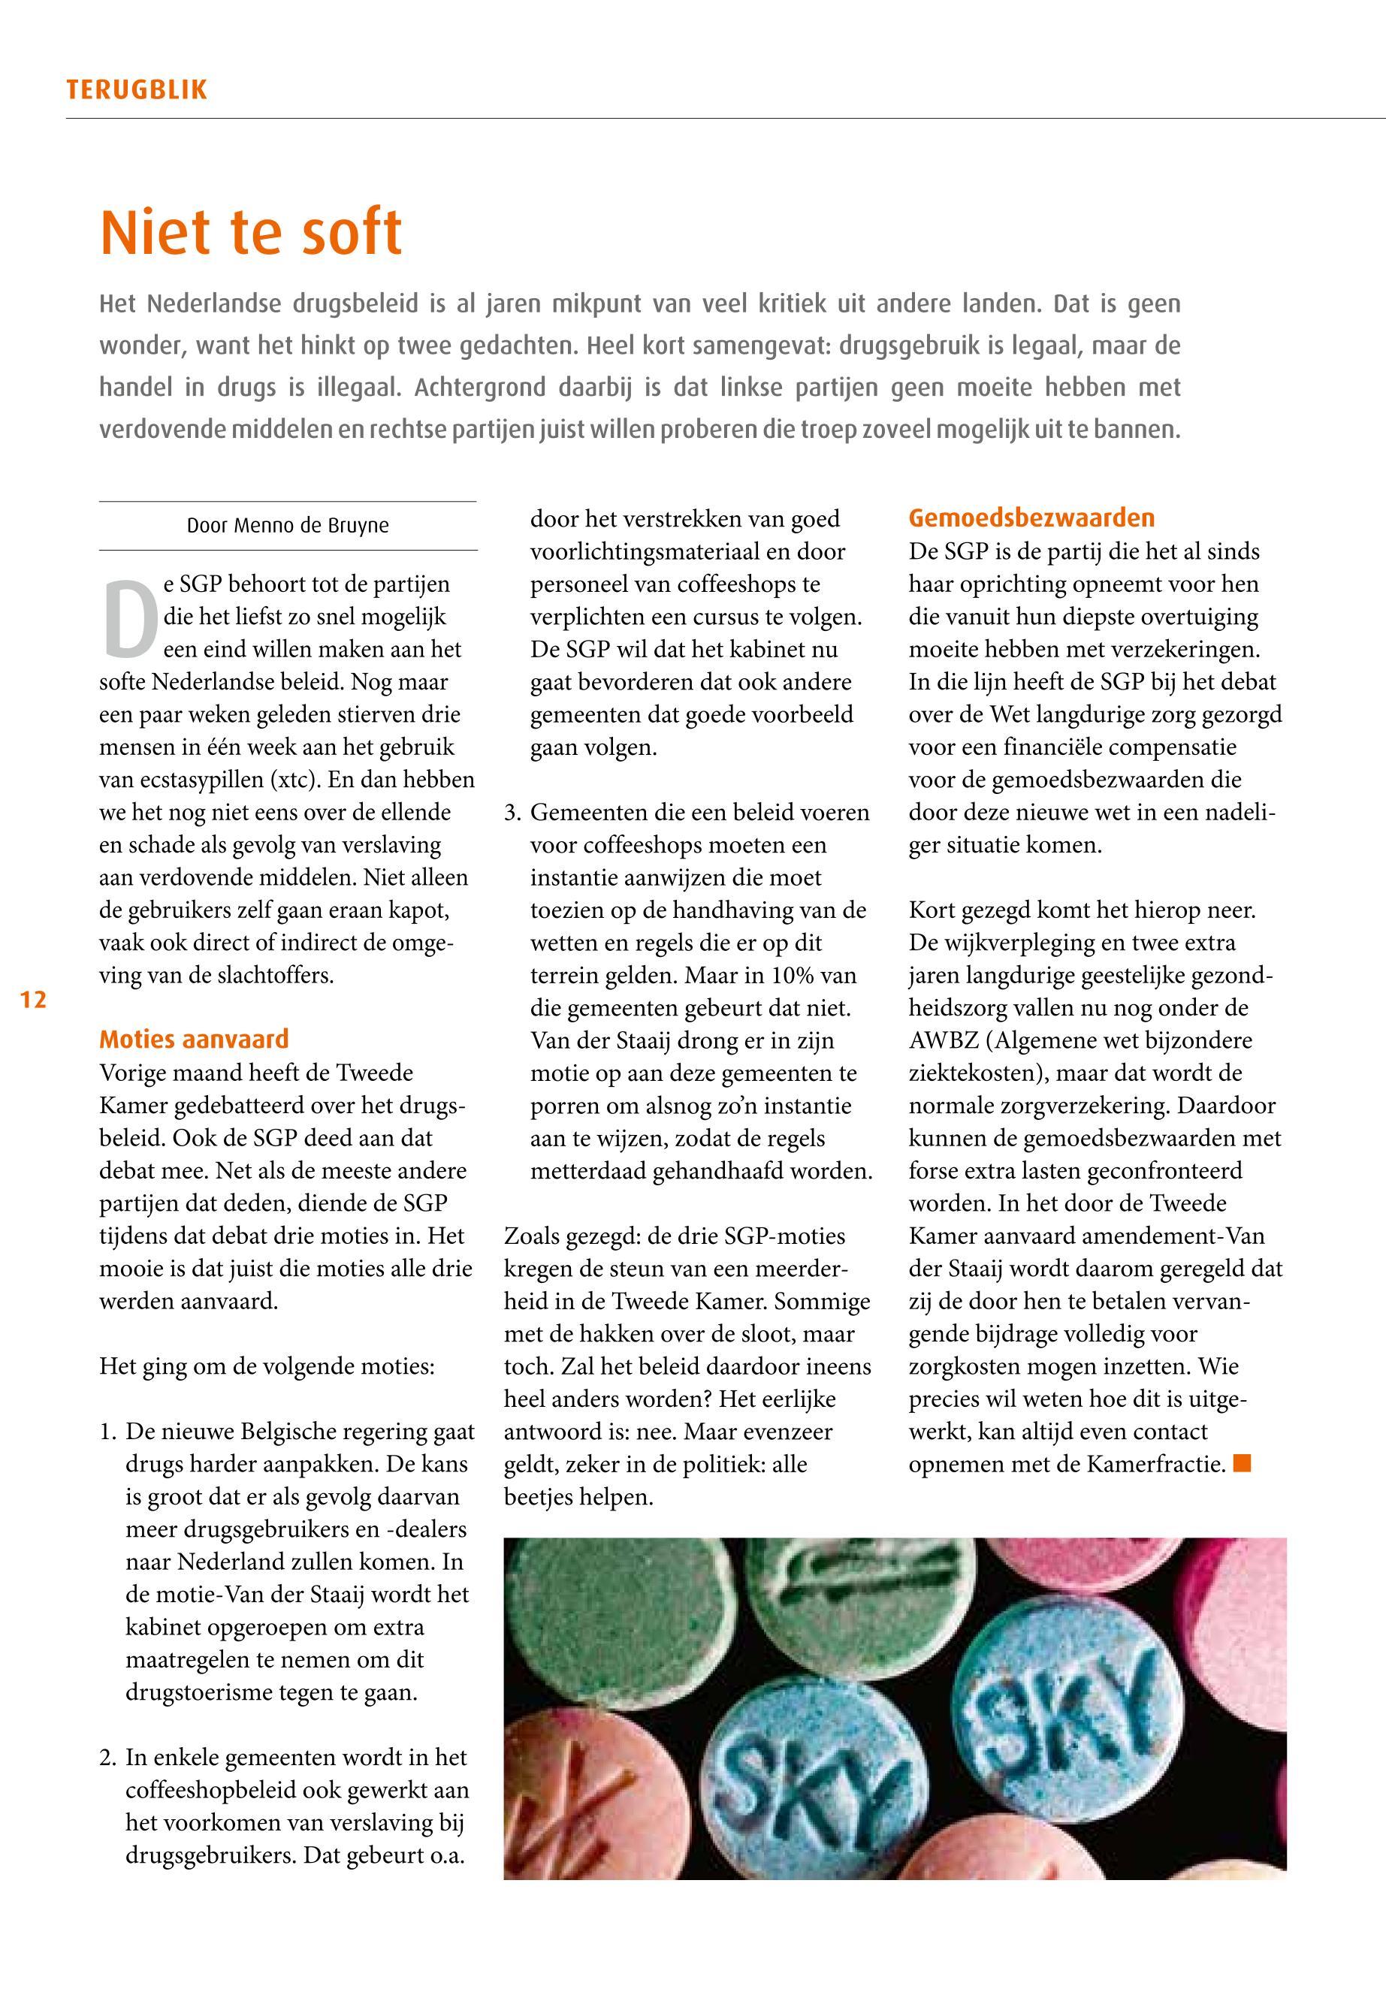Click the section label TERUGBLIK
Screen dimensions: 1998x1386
(x=136, y=90)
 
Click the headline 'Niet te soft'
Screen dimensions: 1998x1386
(x=251, y=232)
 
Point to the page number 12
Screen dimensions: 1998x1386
(x=33, y=1000)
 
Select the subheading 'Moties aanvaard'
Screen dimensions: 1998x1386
(x=194, y=1040)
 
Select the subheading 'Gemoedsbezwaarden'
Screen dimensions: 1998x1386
(x=1031, y=518)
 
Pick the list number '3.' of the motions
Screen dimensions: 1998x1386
(x=513, y=813)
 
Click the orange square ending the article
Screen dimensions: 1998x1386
(x=1242, y=1464)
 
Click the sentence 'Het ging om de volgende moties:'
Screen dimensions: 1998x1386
(x=267, y=1367)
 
